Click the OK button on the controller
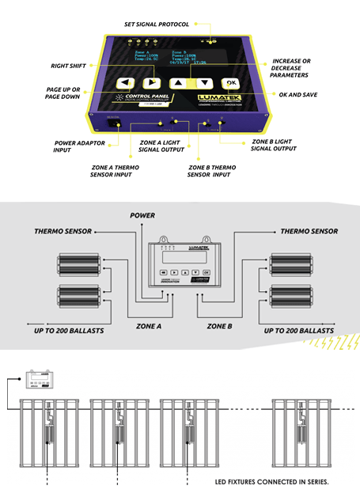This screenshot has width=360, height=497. pyautogui.click(x=230, y=83)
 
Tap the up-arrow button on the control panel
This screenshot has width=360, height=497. pyautogui.click(x=180, y=82)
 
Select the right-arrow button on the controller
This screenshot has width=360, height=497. pyautogui.click(x=150, y=82)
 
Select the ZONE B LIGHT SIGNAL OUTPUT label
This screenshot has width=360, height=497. pyautogui.click(x=272, y=145)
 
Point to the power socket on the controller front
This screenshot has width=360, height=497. pyautogui.click(x=114, y=123)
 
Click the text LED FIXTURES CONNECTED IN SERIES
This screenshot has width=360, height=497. pyautogui.click(x=271, y=480)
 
